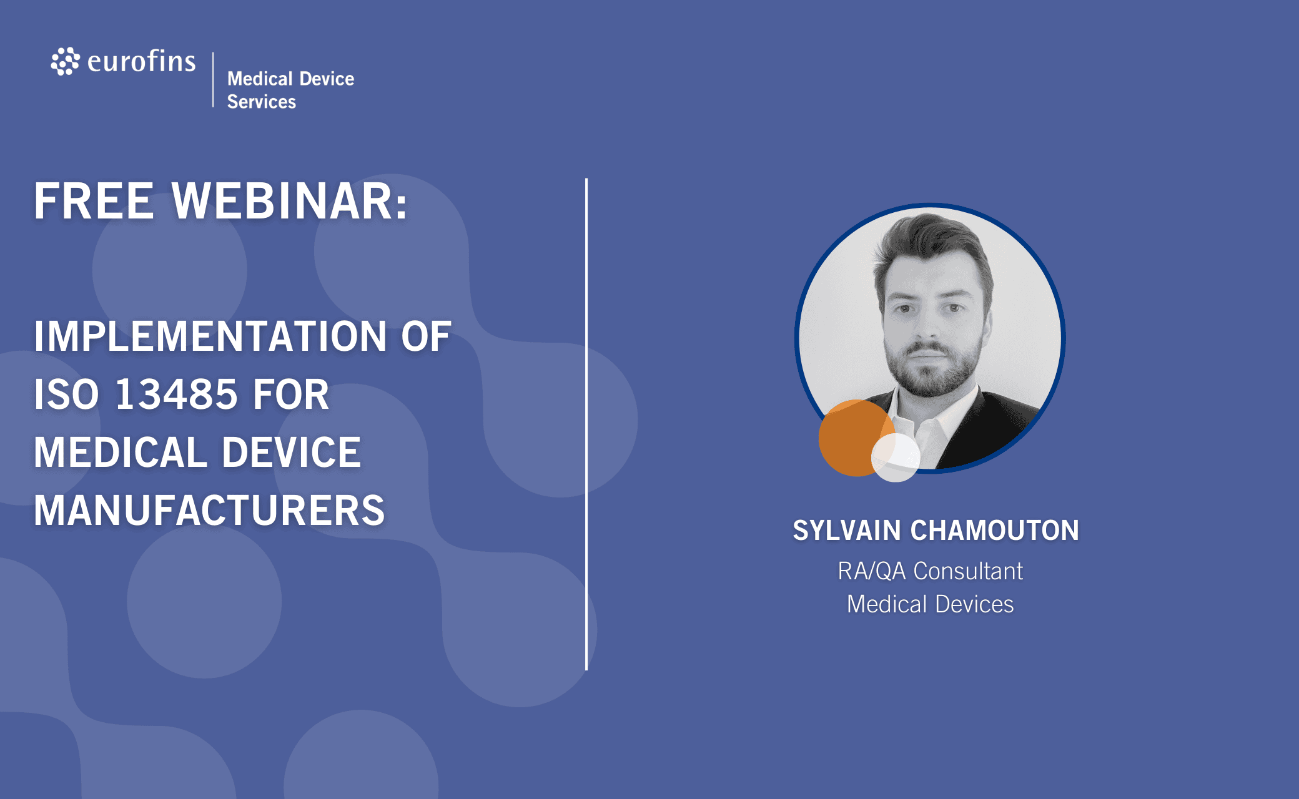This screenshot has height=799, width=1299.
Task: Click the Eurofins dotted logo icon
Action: coord(65,61)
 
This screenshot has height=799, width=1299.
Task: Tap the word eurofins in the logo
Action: coord(142,61)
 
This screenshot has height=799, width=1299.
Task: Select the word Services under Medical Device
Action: coord(262,102)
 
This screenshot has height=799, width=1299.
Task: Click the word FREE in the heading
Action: coord(94,201)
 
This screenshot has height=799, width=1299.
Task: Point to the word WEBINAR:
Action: coord(290,201)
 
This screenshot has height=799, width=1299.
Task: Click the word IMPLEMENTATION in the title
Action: coord(210,336)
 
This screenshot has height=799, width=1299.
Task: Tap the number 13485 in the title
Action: coord(177,395)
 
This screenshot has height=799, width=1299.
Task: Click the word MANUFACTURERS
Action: coord(209,511)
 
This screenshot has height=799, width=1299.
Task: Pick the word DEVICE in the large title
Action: coord(292,453)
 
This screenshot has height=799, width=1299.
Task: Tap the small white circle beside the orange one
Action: coord(896,458)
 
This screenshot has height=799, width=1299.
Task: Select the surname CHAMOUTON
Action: coord(995,531)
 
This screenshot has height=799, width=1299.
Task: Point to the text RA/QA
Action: coord(871,571)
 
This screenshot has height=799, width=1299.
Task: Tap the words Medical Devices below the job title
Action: coord(931,604)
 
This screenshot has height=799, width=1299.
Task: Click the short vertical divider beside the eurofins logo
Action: coord(213,80)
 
